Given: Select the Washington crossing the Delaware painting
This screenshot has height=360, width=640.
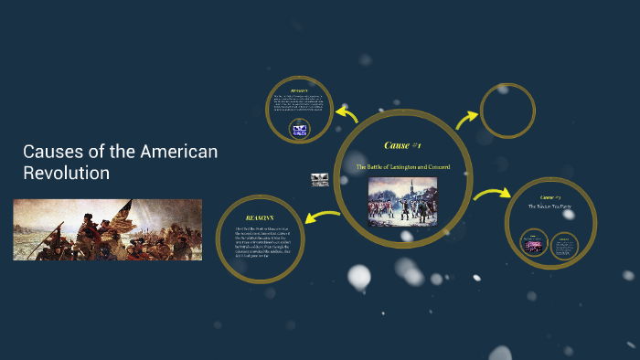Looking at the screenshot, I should tap(107, 229).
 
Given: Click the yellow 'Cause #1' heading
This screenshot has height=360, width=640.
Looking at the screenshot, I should tap(402, 145).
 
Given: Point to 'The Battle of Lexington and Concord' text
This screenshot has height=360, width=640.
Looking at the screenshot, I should tap(402, 166).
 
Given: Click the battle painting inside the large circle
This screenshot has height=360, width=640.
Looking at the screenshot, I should tap(402, 202).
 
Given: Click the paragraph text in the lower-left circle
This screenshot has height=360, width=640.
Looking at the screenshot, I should tap(260, 246).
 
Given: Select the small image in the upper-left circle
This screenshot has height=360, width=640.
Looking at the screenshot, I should tap(298, 131).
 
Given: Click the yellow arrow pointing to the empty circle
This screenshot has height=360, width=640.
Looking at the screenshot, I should tap(467, 119).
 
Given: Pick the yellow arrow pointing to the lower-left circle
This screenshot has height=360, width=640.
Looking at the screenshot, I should tap(323, 217).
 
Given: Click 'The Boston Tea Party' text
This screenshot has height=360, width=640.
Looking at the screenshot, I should tap(550, 206).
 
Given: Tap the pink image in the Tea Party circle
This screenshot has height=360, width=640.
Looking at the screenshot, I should tap(533, 243).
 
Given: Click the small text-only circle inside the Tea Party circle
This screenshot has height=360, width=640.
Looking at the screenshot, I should tap(567, 244).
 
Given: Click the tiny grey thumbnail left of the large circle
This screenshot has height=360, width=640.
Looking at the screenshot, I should tap(319, 180).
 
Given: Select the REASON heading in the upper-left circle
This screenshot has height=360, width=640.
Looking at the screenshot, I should tap(298, 90).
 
